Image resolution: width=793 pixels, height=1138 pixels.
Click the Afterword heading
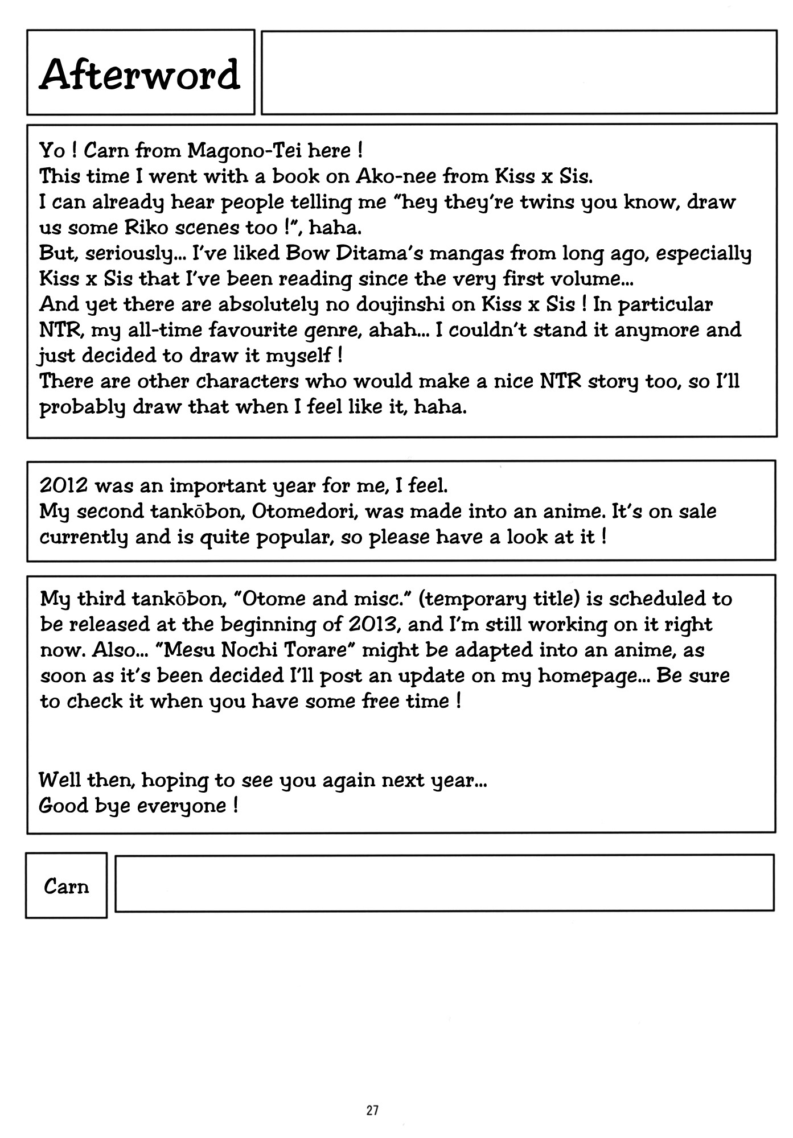tap(140, 74)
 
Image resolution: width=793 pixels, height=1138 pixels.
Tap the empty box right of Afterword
tap(519, 72)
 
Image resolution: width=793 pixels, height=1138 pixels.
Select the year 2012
tap(63, 486)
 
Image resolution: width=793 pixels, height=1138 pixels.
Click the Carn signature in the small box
tap(66, 886)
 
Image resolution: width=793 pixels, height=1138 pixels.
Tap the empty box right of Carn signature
tap(444, 883)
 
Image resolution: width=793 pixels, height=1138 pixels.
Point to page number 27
tap(372, 1110)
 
